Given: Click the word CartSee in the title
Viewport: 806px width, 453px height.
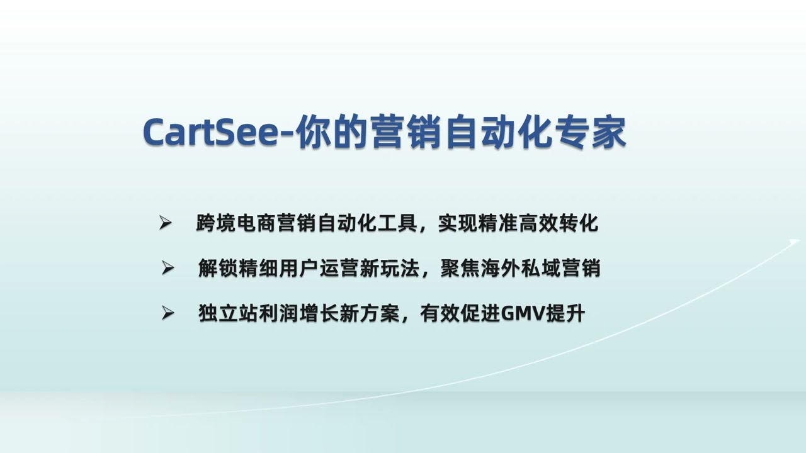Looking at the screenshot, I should pos(210,132).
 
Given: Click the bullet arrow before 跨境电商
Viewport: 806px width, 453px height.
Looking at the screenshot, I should pos(166,223).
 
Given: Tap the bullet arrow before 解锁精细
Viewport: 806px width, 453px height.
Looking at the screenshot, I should pos(167,268).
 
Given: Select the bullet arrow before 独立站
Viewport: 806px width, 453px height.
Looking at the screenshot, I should pos(167,313).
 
